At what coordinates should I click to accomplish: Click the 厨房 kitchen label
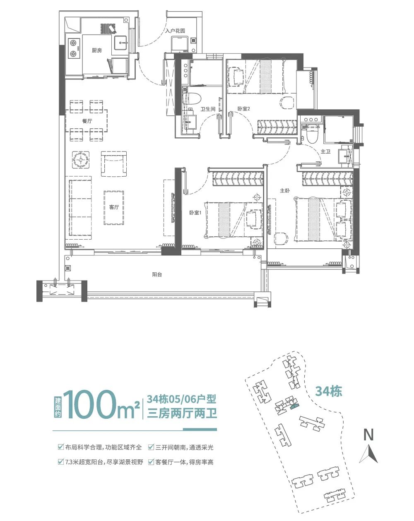96,50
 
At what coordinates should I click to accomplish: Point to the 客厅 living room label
114,207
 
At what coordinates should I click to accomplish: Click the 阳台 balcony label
157,274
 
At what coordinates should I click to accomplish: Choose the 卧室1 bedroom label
195,213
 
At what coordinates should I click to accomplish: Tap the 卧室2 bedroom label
243,109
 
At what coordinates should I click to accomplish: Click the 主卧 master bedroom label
285,191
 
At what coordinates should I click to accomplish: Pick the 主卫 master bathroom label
326,152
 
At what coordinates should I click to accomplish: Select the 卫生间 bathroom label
208,109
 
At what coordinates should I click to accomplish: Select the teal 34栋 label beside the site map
329,391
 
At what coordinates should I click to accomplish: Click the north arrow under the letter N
368,454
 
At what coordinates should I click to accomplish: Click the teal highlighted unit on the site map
294,407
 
